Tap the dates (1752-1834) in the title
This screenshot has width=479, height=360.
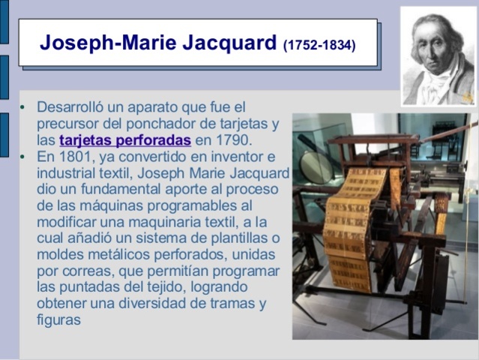(x=319, y=44)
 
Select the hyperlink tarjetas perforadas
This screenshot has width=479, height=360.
(x=124, y=140)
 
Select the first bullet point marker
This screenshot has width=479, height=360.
(x=22, y=107)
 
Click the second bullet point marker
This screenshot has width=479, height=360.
(x=22, y=157)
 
